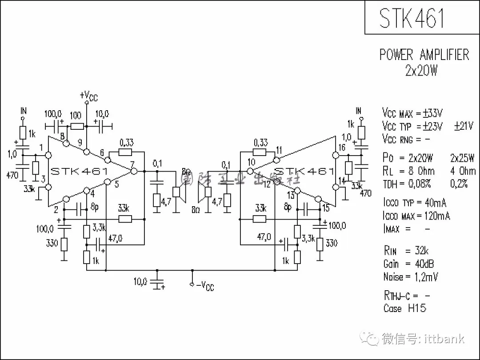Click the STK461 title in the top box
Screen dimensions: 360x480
coord(412,18)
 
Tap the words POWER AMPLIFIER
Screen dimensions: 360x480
coord(424,55)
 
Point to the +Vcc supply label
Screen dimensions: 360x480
coord(88,96)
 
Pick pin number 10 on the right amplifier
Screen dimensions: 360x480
coord(252,163)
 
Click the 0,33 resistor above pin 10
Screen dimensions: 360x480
coord(260,152)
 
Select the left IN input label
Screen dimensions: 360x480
coord(24,111)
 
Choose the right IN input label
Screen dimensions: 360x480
coord(358,111)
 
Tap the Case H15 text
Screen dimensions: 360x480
coord(404,308)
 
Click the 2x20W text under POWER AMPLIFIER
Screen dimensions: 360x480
coord(421,70)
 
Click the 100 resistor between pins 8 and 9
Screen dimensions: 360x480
coord(76,126)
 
